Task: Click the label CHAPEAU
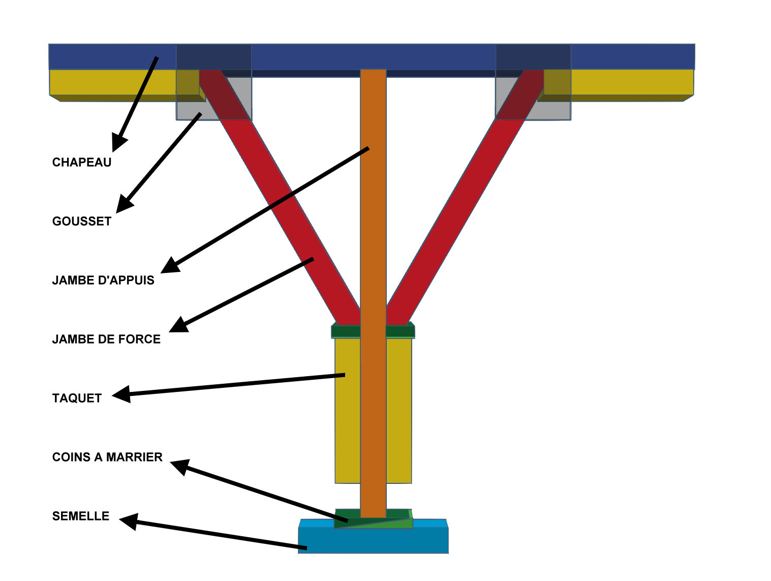(x=81, y=162)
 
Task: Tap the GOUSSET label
(x=81, y=221)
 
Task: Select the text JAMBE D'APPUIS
(x=103, y=280)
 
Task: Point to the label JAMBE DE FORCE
(x=106, y=339)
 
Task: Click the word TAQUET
(x=77, y=398)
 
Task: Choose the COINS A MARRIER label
(x=107, y=457)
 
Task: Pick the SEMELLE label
(x=81, y=516)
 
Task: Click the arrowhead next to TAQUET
(x=121, y=394)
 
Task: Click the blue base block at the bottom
(x=373, y=541)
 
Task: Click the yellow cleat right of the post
(x=399, y=407)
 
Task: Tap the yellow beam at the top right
(x=630, y=82)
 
